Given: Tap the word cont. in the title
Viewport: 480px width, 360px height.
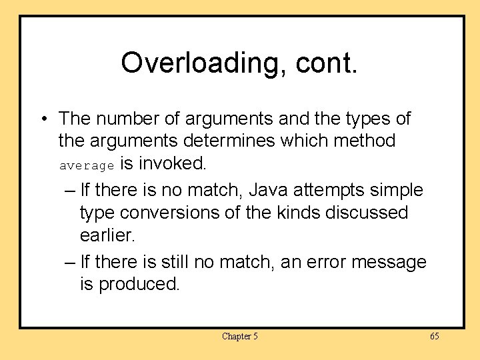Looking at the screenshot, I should [329, 63].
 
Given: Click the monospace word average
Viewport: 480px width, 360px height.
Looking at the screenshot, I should [87, 165].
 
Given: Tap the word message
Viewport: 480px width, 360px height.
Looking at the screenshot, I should [389, 262].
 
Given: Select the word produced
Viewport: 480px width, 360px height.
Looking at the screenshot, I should [139, 285].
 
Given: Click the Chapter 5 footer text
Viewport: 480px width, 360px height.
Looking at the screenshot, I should [239, 337].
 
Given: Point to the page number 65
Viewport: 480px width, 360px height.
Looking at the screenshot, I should [434, 337].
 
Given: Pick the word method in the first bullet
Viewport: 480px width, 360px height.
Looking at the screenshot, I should [364, 141].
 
